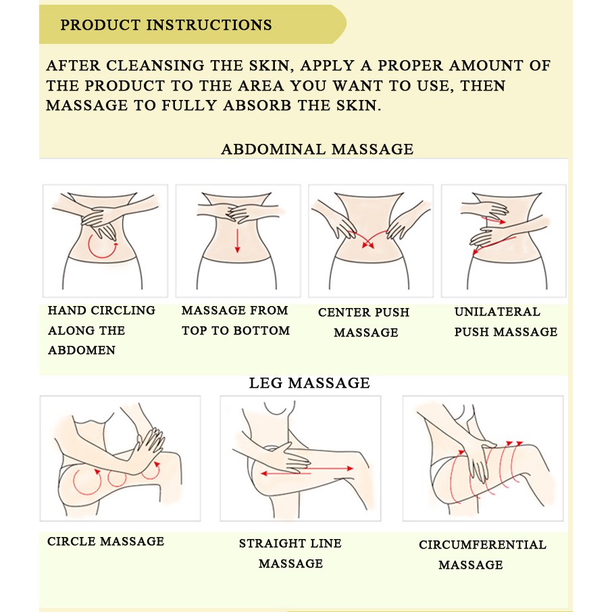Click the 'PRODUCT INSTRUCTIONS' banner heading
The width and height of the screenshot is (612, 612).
[x=166, y=25]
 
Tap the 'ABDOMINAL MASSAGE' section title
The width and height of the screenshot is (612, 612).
[x=317, y=149]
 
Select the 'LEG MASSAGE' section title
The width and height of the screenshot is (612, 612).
[x=309, y=383]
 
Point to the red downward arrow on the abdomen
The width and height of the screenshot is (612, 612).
[x=237, y=240]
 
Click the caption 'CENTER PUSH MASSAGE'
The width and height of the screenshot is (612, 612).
[x=364, y=322]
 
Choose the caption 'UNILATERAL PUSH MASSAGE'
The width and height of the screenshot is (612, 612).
[x=506, y=322]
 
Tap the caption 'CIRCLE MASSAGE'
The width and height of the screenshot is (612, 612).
[x=106, y=541]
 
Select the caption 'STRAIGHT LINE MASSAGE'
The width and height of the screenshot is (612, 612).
[x=290, y=553]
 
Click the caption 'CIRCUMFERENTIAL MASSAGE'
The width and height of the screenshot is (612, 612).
[x=482, y=555]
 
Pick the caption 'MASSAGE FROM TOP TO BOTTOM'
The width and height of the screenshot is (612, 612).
[x=236, y=320]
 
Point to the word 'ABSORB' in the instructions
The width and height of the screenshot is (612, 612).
[x=257, y=105]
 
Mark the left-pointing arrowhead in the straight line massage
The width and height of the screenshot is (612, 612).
[x=264, y=474]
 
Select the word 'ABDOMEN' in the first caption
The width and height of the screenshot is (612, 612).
[x=82, y=350]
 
